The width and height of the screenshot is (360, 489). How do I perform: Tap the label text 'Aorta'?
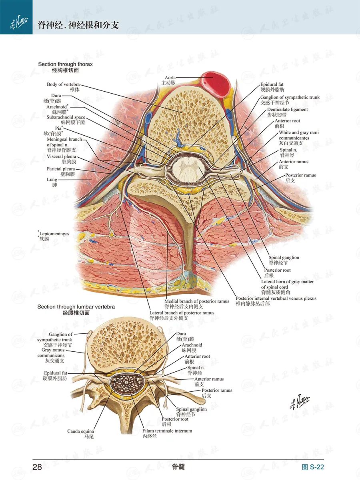170,78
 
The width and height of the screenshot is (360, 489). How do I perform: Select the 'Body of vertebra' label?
63,84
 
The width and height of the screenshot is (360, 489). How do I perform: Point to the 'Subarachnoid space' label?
66,118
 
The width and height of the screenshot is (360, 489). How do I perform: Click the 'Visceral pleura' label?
61,156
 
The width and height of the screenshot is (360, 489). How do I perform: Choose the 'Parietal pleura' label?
61,169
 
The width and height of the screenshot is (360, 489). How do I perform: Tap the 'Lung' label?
52,180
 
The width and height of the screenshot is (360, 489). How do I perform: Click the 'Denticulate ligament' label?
287,110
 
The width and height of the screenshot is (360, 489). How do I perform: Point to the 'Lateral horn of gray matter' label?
287,282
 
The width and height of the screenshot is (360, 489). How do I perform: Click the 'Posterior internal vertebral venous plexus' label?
276,298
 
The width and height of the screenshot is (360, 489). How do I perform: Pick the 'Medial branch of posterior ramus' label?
197,301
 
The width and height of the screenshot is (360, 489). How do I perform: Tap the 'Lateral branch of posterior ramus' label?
182,313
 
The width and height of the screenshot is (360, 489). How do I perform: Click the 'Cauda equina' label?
80,431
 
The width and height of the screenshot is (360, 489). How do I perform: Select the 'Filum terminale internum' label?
167,431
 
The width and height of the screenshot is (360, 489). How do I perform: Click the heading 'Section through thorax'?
65,64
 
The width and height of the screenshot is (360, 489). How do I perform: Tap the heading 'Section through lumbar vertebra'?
76,307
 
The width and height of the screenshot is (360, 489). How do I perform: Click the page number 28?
37,467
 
